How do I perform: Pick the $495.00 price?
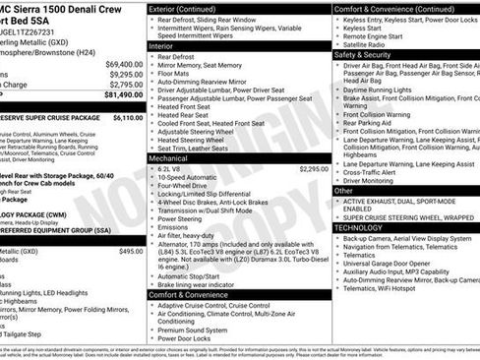click(131, 251)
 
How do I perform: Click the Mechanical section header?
click(168, 156)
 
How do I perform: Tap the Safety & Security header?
click(363, 55)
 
